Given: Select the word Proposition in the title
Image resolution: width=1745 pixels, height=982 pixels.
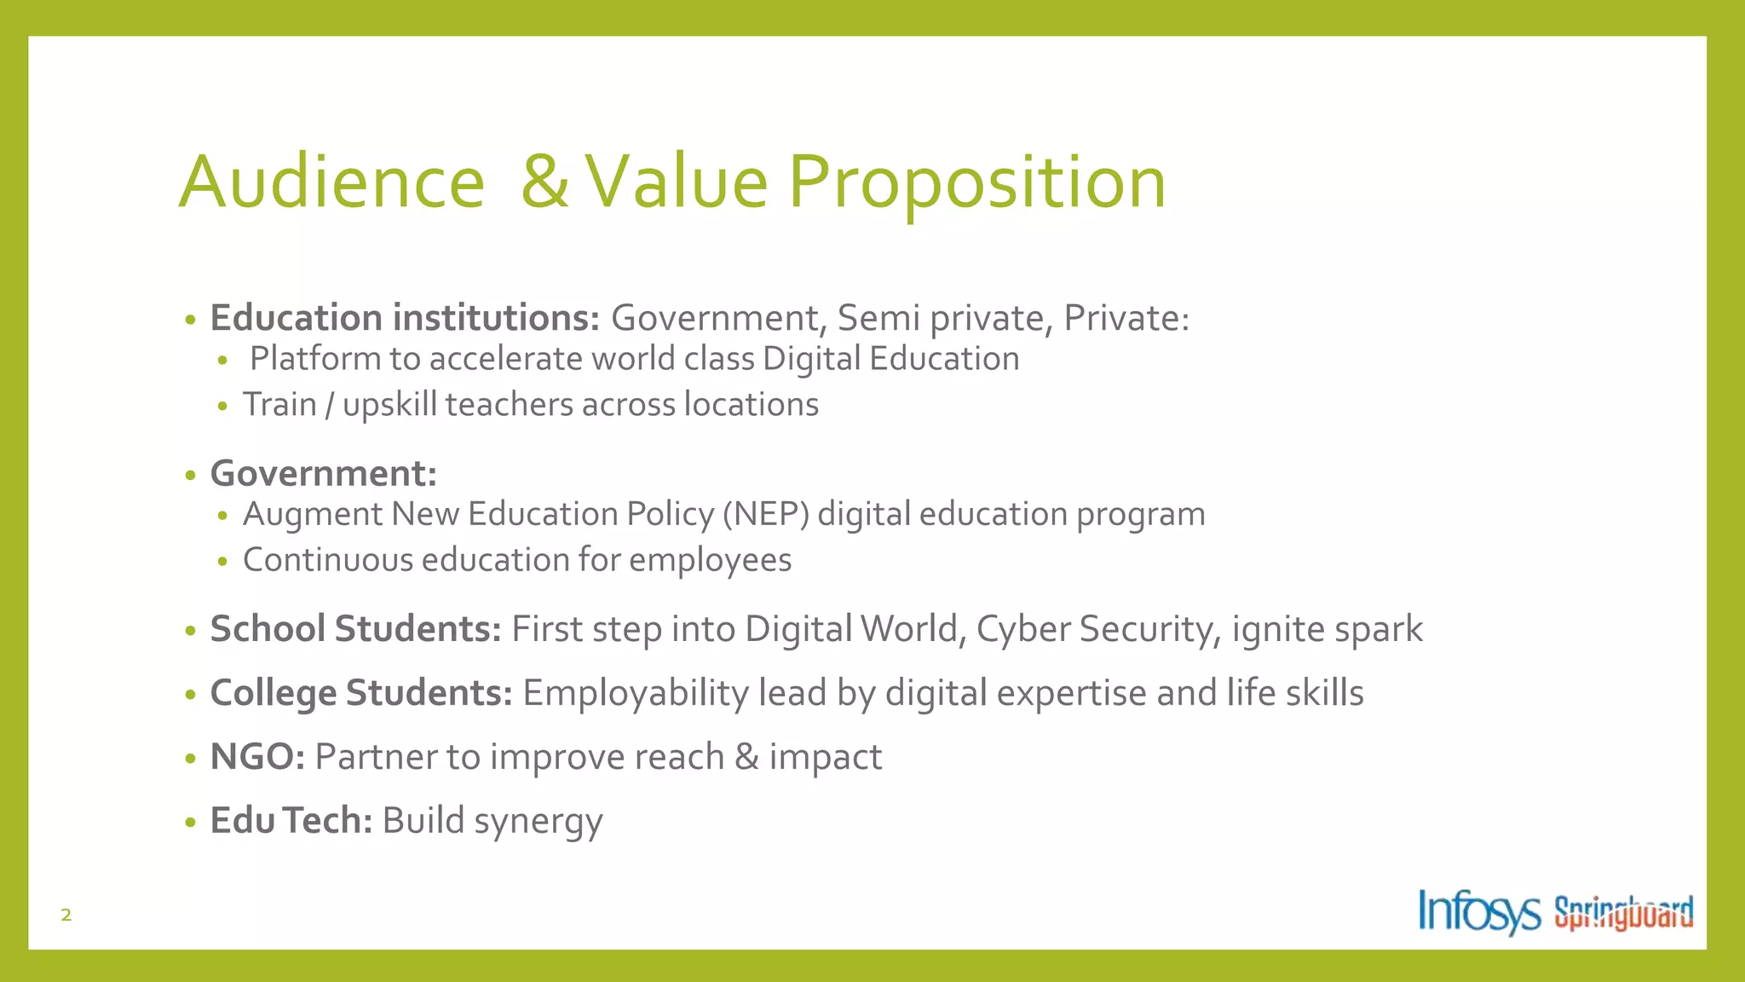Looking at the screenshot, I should click(x=976, y=183).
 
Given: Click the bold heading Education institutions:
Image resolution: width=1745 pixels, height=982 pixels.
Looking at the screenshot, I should click(x=406, y=318).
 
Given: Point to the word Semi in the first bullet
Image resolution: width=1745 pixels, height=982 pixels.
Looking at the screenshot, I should click(x=878, y=318).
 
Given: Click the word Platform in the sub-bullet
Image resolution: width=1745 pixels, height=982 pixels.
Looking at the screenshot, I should click(x=315, y=359).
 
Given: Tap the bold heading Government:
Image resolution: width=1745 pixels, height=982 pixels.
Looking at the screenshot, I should click(x=324, y=473).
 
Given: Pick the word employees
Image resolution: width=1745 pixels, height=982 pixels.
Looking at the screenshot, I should click(x=710, y=561).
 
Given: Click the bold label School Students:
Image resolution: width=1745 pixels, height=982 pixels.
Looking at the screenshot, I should click(x=355, y=629).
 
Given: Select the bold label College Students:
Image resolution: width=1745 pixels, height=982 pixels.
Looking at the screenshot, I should click(x=361, y=693).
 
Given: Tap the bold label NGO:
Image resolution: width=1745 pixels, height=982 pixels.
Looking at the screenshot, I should click(x=257, y=757).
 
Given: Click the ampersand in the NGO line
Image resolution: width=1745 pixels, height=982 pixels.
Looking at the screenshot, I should click(x=746, y=757).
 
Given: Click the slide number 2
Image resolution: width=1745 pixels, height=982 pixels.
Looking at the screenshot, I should click(x=66, y=916).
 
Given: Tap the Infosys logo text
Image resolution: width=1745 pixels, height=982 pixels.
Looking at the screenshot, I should click(x=1478, y=912).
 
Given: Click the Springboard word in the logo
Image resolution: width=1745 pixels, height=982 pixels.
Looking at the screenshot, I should click(x=1623, y=912).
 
